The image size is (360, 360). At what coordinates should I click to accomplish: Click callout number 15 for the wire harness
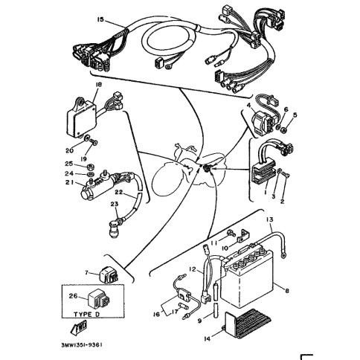point(100,19)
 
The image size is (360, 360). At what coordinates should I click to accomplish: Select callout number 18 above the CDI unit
point(98,85)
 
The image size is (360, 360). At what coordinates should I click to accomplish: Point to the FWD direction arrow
point(78,327)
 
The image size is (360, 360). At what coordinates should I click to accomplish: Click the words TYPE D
point(86,315)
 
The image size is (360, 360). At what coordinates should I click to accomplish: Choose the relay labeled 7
point(109,274)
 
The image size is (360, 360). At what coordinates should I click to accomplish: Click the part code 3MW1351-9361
point(82,345)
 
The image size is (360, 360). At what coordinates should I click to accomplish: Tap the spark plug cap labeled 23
point(115,229)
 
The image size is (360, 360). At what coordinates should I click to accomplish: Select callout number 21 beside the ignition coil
point(69,182)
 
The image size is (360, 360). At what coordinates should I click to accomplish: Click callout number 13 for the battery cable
point(269,219)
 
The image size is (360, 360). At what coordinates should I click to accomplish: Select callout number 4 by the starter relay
point(248,106)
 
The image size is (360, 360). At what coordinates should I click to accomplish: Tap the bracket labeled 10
point(242,236)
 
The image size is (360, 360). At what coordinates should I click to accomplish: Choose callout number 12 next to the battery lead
point(193,269)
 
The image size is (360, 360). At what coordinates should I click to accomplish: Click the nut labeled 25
point(90,166)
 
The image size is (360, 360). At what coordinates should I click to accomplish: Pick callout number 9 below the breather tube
point(200,321)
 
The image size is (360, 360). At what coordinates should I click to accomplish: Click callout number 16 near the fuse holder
point(156,315)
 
